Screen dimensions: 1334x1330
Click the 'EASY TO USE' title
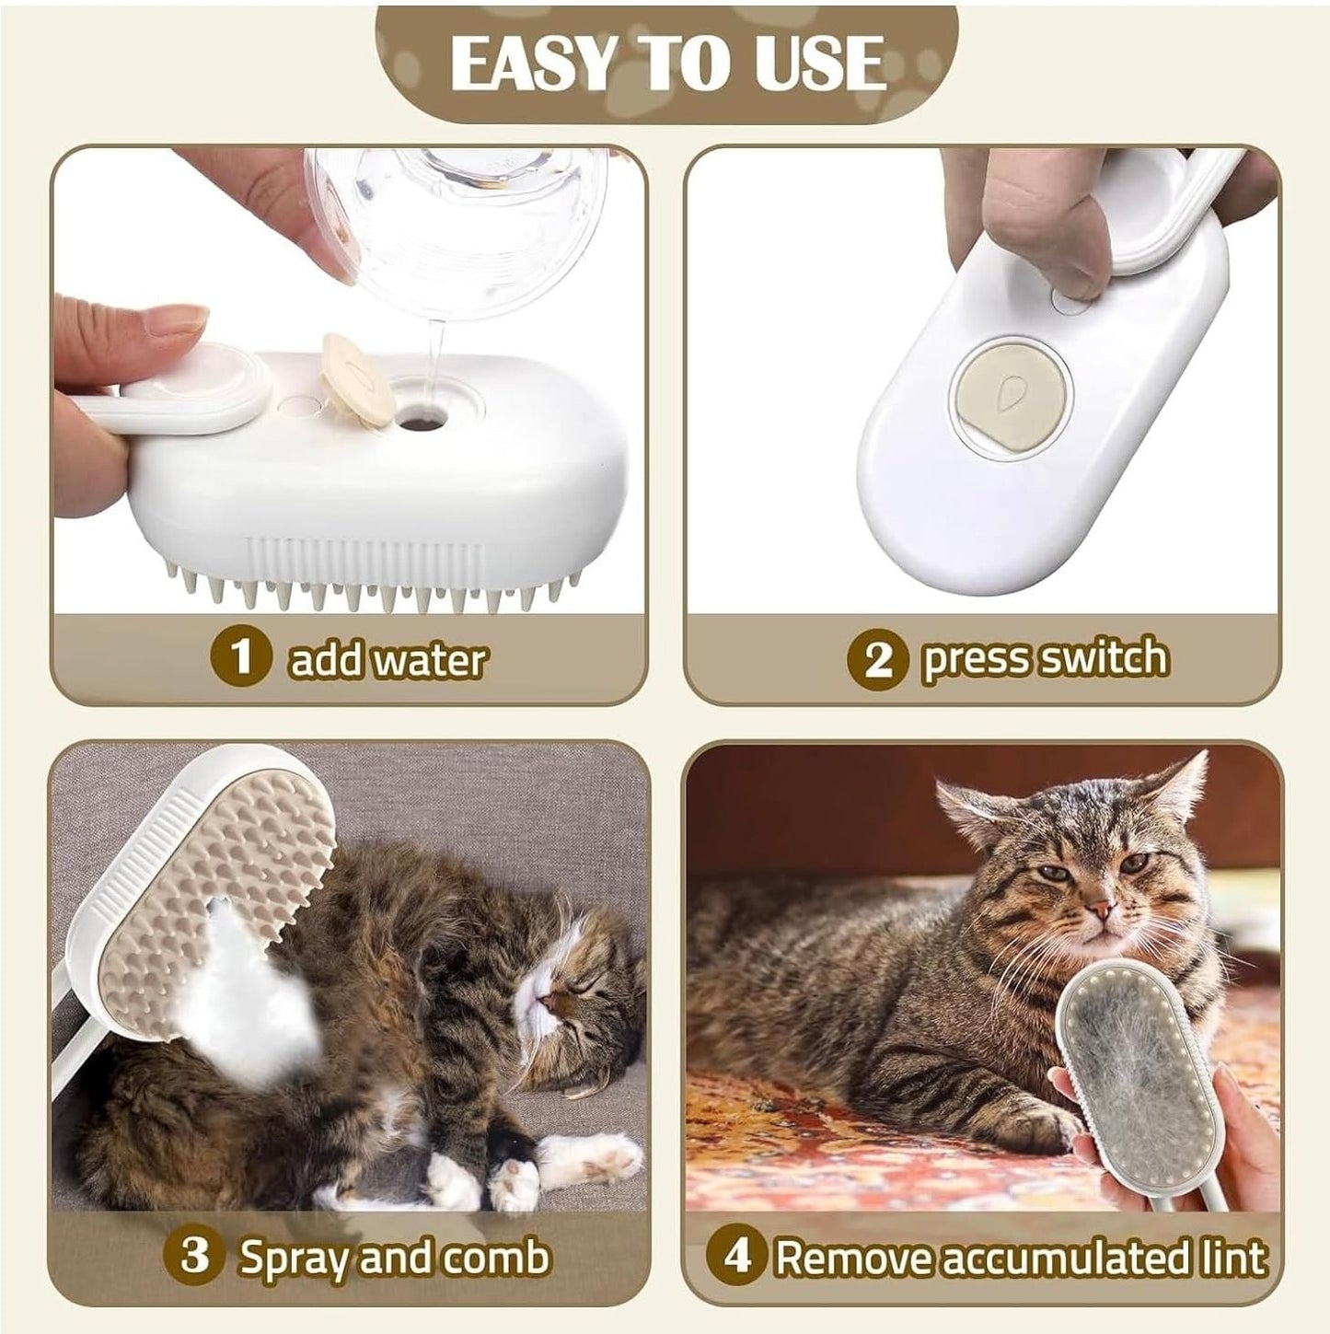666,64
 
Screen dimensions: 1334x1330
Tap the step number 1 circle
241,657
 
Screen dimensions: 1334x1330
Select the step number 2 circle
878,658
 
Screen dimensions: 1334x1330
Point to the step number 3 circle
195,1255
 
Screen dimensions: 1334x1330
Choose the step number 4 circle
736,1256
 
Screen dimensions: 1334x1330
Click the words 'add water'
387,659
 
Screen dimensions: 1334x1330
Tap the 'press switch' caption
1045,658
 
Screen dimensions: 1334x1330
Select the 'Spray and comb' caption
394,1257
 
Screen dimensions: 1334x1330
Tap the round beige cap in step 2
1010,394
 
